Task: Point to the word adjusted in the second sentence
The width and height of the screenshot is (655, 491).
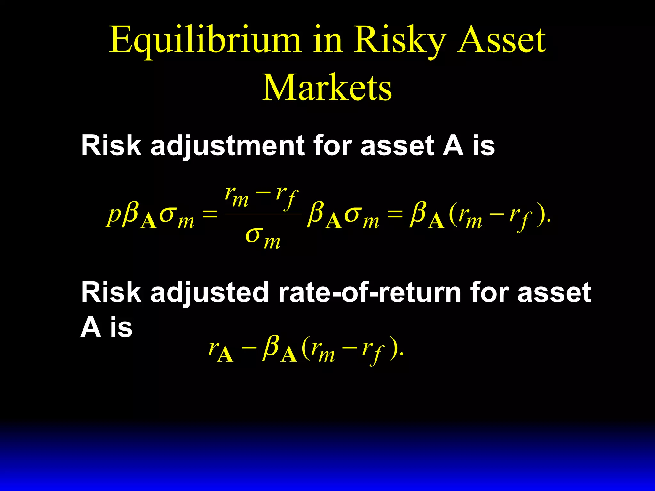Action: point(209,293)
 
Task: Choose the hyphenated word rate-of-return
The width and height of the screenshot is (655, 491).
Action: point(369,292)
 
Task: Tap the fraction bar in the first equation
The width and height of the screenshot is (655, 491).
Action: point(264,214)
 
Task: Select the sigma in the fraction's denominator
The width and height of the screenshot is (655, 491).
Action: point(254,236)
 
